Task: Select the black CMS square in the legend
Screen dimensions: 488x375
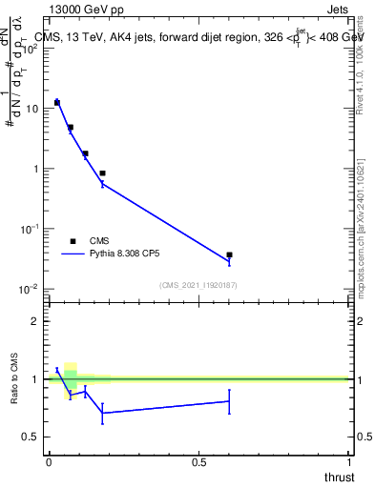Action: (x=73, y=242)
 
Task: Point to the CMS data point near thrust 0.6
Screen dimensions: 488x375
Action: (x=229, y=255)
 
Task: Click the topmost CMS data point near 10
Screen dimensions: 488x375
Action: (x=57, y=102)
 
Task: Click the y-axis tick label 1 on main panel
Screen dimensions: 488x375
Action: (x=35, y=169)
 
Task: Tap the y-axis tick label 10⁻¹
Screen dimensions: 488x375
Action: (x=31, y=229)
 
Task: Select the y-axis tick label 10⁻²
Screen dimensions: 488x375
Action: (x=31, y=289)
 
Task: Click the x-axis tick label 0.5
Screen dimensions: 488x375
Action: (x=198, y=462)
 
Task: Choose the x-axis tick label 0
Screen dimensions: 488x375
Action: (x=49, y=462)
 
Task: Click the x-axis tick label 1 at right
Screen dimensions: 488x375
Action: (x=349, y=462)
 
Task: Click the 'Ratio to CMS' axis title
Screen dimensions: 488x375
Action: (x=14, y=379)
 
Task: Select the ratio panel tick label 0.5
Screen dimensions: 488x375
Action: (x=31, y=437)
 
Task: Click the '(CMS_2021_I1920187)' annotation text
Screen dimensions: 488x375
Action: (x=198, y=285)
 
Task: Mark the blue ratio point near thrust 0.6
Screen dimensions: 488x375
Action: (x=229, y=401)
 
